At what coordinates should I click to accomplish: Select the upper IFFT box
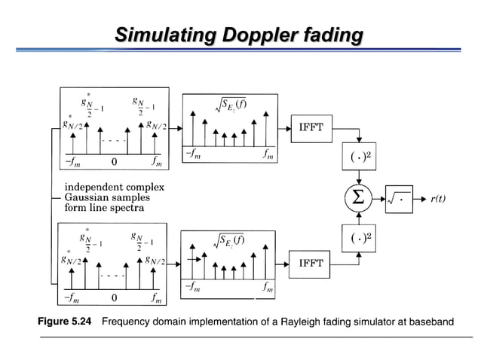[311, 127]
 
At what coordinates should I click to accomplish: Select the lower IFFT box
[311, 264]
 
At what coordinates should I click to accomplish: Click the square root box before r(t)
[399, 199]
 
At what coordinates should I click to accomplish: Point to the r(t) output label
[438, 199]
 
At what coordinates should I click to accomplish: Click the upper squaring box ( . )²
[360, 157]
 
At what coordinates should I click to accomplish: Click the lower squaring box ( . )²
[360, 237]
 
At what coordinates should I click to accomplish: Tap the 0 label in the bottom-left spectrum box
[113, 299]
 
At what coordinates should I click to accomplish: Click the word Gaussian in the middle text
[89, 197]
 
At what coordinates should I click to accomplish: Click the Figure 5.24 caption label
[64, 322]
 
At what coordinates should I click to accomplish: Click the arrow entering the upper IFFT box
[283, 127]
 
